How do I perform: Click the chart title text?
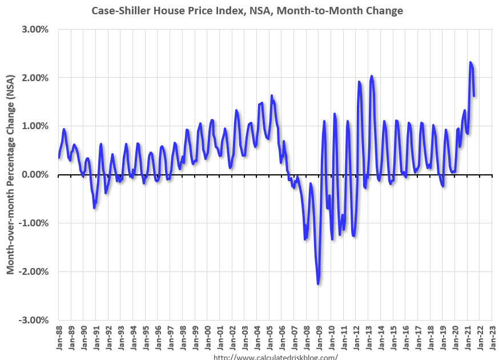coord(247,11)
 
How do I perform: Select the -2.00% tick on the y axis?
coord(36,271)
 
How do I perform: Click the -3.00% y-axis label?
coord(36,320)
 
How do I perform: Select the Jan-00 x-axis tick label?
coord(207,339)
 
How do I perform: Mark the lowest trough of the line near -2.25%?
coord(318,283)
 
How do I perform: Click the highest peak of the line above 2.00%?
coord(470,62)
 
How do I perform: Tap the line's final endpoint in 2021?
coord(474,95)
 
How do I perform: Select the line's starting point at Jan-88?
coord(59,158)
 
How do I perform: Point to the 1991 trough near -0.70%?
coord(94,207)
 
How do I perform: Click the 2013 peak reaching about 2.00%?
coord(372,76)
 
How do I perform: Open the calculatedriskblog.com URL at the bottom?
coord(275,357)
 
